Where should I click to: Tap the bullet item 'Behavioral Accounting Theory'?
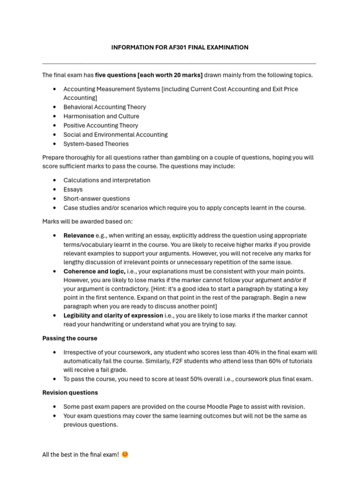(x=105, y=107)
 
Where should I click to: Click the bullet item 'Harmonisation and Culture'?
(x=101, y=116)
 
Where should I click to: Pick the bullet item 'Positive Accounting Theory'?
(x=101, y=125)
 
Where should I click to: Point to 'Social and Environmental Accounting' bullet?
(x=115, y=135)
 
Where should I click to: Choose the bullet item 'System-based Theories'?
(x=96, y=144)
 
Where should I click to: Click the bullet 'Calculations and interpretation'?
(x=107, y=180)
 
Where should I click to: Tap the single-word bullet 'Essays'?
(x=73, y=189)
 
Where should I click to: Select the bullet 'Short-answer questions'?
(x=97, y=199)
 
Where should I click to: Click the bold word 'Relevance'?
(x=79, y=235)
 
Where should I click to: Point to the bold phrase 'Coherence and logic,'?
(x=94, y=271)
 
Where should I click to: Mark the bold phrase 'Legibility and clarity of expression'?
(x=113, y=315)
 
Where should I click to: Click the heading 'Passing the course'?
(x=70, y=338)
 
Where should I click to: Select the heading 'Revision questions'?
(x=70, y=392)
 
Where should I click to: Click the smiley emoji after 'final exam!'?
(x=125, y=455)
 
